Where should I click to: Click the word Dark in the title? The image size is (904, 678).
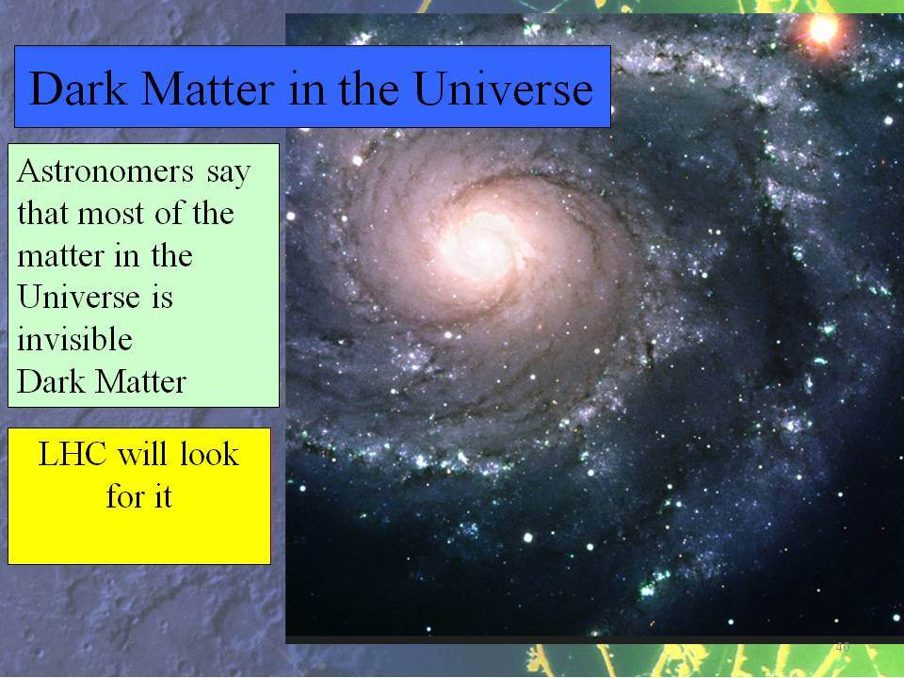[x=78, y=89]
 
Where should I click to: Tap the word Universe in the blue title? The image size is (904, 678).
[x=503, y=89]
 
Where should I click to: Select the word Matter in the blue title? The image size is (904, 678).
[x=208, y=89]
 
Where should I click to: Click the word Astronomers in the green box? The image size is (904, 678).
[x=105, y=171]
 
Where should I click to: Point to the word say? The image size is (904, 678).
[x=229, y=174]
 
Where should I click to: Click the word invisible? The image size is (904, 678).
[x=75, y=339]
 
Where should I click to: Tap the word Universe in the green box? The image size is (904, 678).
[x=79, y=297]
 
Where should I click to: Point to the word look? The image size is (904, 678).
[x=209, y=454]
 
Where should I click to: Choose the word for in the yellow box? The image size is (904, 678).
[x=122, y=496]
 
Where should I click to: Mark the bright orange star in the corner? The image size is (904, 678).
[x=823, y=29]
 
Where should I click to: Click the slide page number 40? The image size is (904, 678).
[x=842, y=647]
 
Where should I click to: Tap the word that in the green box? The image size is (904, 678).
[x=42, y=214]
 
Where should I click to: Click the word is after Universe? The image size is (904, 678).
[x=163, y=298]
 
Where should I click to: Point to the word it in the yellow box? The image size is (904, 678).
[x=162, y=496]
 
